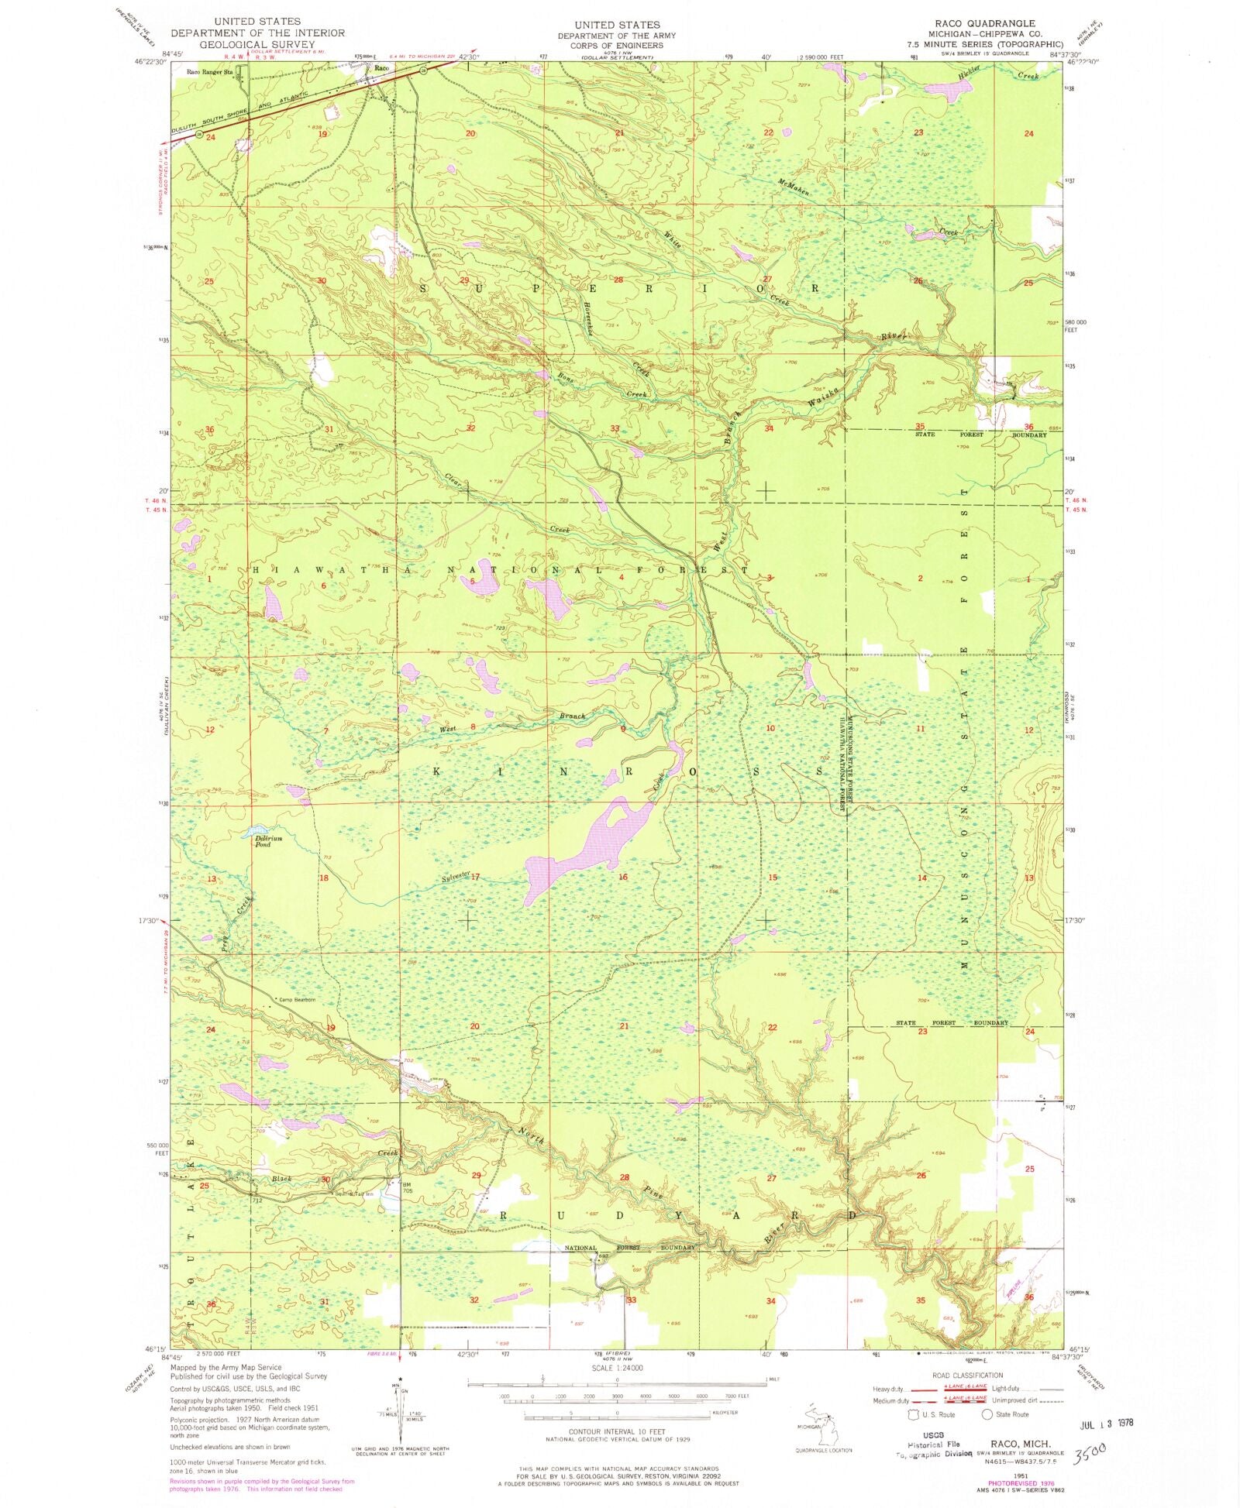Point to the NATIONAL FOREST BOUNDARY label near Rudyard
[x=629, y=1248]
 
